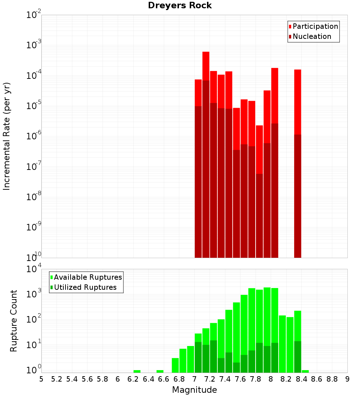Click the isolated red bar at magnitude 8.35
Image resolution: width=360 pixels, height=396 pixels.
click(x=297, y=101)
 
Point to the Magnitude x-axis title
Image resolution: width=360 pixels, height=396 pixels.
click(x=194, y=390)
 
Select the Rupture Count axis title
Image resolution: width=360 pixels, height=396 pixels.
click(x=14, y=320)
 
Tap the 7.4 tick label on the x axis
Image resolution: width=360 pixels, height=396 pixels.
click(x=225, y=379)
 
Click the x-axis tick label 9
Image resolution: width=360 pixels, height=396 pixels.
click(x=347, y=379)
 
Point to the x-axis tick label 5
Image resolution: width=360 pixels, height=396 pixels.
click(x=41, y=379)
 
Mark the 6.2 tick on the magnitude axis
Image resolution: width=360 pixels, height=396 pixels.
click(x=133, y=379)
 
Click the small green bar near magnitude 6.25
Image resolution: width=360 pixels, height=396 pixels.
click(x=137, y=371)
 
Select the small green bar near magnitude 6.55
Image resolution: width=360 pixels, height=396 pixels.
click(x=160, y=371)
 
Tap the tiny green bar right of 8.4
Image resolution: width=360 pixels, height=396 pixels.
click(x=305, y=371)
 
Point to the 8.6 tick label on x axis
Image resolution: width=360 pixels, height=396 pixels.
click(x=317, y=379)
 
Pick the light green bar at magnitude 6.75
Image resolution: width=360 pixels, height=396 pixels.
click(x=175, y=365)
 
